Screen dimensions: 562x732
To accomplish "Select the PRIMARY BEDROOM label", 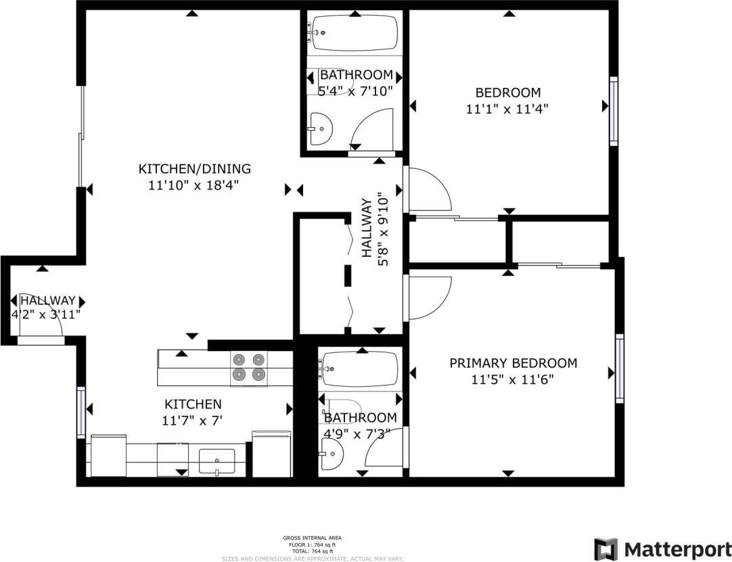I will pos(513,363).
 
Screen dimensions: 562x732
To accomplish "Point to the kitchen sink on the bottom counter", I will pos(217,460).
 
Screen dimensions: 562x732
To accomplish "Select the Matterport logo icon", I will pos(605,548).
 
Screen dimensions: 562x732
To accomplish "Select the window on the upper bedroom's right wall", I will pos(614,110).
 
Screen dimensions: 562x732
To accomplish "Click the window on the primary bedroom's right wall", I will pos(619,367).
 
